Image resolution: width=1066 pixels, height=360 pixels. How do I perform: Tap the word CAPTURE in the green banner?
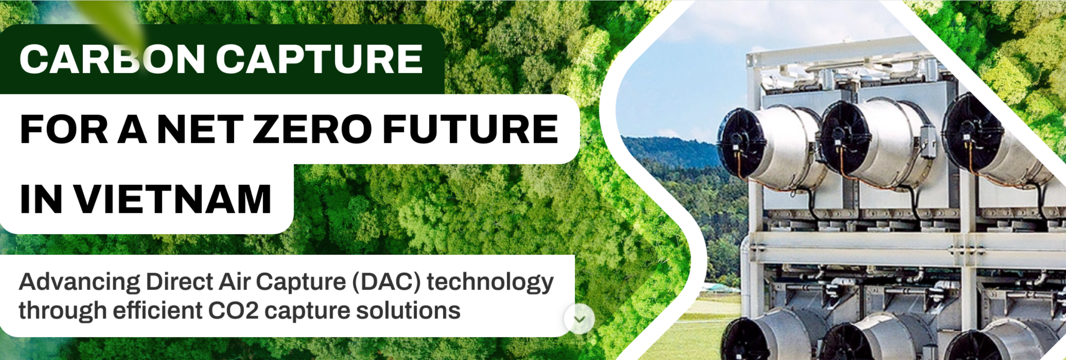[319, 59]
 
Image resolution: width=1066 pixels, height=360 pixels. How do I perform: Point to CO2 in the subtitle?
[233, 311]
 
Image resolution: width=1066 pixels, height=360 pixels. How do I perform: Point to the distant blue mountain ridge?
[673, 150]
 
